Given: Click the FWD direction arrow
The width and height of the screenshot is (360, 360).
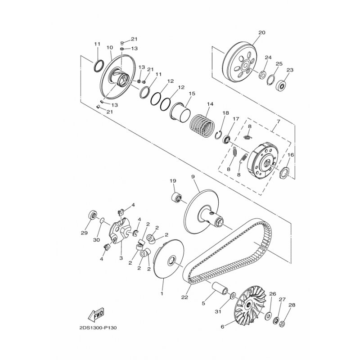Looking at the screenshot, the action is point(96,315).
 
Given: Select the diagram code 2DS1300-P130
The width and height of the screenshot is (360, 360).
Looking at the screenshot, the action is point(98,328).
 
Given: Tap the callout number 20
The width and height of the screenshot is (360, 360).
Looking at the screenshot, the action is point(262,32).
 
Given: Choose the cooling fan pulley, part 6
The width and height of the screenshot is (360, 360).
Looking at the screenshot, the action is point(250,306).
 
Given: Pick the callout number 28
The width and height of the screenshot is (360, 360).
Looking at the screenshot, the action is point(292,305).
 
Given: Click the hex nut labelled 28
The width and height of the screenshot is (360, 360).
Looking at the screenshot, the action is point(283,324).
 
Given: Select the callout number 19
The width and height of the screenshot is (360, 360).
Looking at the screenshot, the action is point(173,181).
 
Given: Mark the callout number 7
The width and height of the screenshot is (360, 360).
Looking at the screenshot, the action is point(278,121).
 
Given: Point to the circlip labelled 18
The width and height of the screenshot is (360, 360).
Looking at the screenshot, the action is point(218,135).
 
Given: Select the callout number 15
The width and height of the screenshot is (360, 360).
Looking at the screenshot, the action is point(192,94).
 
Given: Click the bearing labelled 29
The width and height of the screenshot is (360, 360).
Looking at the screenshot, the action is point(93,215).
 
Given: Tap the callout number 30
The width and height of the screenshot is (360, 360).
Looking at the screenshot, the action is point(96,240).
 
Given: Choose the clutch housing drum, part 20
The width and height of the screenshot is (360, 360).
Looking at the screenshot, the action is point(239,62).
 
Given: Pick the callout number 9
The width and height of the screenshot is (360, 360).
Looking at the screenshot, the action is point(193,176).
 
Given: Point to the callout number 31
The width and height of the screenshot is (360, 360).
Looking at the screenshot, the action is point(218,311).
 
